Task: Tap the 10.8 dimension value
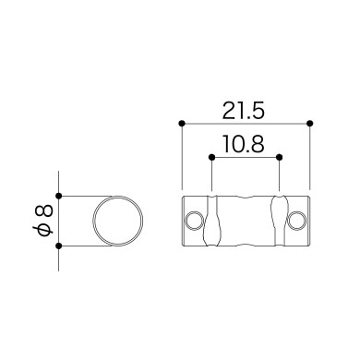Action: [244, 144]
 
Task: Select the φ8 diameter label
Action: [44, 221]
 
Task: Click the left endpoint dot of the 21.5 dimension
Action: [182, 124]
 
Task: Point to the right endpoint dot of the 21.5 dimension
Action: [310, 124]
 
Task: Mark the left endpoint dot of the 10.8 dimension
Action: [211, 157]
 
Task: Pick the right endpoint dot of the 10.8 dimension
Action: [280, 157]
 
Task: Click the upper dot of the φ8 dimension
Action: [59, 196]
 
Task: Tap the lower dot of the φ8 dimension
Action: [59, 246]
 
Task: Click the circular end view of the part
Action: [93, 221]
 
